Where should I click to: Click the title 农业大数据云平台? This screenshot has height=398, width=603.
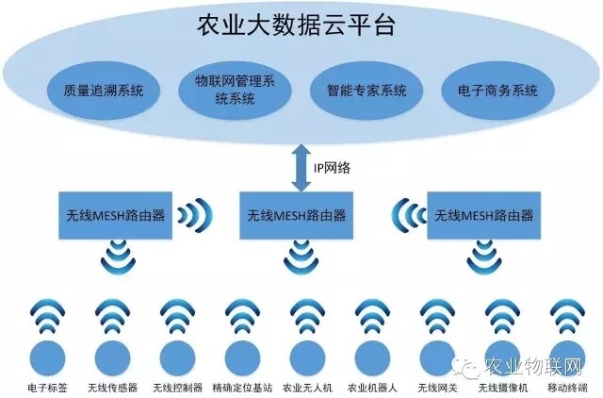(x=297, y=24)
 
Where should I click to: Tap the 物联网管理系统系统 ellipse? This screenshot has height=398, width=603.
(x=229, y=91)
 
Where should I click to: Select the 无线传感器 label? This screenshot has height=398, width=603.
(x=111, y=388)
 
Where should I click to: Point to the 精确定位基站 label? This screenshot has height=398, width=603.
(x=242, y=388)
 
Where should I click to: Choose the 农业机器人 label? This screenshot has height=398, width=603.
(x=372, y=388)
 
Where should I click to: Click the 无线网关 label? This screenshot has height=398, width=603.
(x=436, y=388)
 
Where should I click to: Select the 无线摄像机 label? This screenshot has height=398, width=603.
(x=502, y=388)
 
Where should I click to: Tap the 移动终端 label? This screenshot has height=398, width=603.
(x=566, y=388)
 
